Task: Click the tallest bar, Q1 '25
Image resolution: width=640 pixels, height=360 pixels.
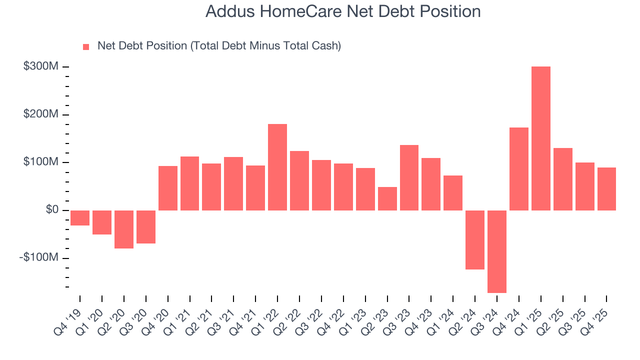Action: point(540,138)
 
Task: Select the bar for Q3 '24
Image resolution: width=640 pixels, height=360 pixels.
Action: point(497,251)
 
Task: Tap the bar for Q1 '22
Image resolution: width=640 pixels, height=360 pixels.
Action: point(277,167)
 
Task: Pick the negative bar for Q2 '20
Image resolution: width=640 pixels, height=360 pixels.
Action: point(124,229)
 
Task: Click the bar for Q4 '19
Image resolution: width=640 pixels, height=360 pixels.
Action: point(80,218)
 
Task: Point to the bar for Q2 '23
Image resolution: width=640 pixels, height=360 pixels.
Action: point(387,198)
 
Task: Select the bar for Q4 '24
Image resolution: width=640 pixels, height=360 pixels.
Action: point(519,169)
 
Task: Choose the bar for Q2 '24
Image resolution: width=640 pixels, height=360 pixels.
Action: point(475,240)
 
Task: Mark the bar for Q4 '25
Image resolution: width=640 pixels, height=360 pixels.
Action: point(606,189)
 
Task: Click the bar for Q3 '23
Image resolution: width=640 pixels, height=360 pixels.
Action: point(409,177)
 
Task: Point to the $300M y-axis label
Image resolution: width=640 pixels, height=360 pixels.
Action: point(41,66)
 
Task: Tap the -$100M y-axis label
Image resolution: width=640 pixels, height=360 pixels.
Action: point(39,257)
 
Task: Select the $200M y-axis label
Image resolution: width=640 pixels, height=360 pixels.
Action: point(41,114)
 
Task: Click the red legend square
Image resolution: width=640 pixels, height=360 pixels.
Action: point(86,46)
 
